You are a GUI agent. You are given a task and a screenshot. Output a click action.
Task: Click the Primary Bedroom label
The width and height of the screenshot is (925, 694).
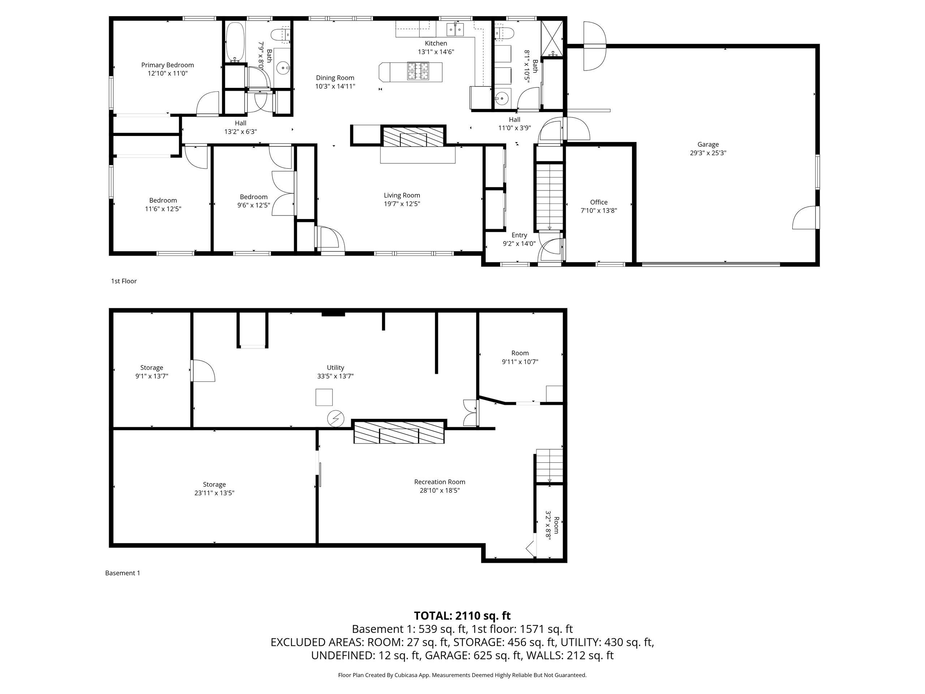coord(167,65)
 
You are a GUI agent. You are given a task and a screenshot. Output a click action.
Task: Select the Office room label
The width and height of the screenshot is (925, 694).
coord(599,202)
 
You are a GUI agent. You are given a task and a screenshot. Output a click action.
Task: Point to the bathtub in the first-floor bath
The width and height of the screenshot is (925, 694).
coord(236,42)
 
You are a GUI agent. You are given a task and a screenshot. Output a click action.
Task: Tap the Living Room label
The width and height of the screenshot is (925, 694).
coord(402,195)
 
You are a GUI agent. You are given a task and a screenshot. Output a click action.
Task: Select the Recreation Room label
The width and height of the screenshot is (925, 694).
coord(439,482)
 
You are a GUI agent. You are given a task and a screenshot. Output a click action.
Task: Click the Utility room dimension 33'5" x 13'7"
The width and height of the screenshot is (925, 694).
coord(335,376)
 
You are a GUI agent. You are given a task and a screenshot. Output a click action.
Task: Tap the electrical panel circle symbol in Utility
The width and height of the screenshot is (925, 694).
coord(335,418)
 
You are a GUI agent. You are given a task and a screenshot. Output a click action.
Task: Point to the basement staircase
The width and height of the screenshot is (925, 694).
coord(550,466)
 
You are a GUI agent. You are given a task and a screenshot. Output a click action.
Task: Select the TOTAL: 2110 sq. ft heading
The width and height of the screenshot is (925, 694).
coord(462,615)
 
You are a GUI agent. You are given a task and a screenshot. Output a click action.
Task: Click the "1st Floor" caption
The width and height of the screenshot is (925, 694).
coord(124,281)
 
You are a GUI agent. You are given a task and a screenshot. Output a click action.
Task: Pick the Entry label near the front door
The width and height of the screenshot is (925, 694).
coord(519,235)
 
